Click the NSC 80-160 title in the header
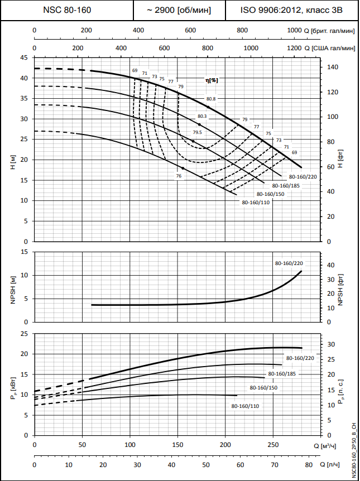click(x=67, y=10)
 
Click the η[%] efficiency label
click(x=212, y=80)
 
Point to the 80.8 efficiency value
click(x=210, y=99)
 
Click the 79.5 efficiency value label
click(x=198, y=132)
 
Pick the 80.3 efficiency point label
click(x=202, y=116)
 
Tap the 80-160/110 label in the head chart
click(x=256, y=202)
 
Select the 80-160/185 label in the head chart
click(x=286, y=185)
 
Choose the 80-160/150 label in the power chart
click(x=263, y=387)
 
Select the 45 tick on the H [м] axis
click(x=23, y=57)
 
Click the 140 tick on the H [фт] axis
click(x=333, y=67)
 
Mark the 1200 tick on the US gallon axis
click(x=293, y=49)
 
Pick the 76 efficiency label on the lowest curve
click(x=179, y=176)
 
